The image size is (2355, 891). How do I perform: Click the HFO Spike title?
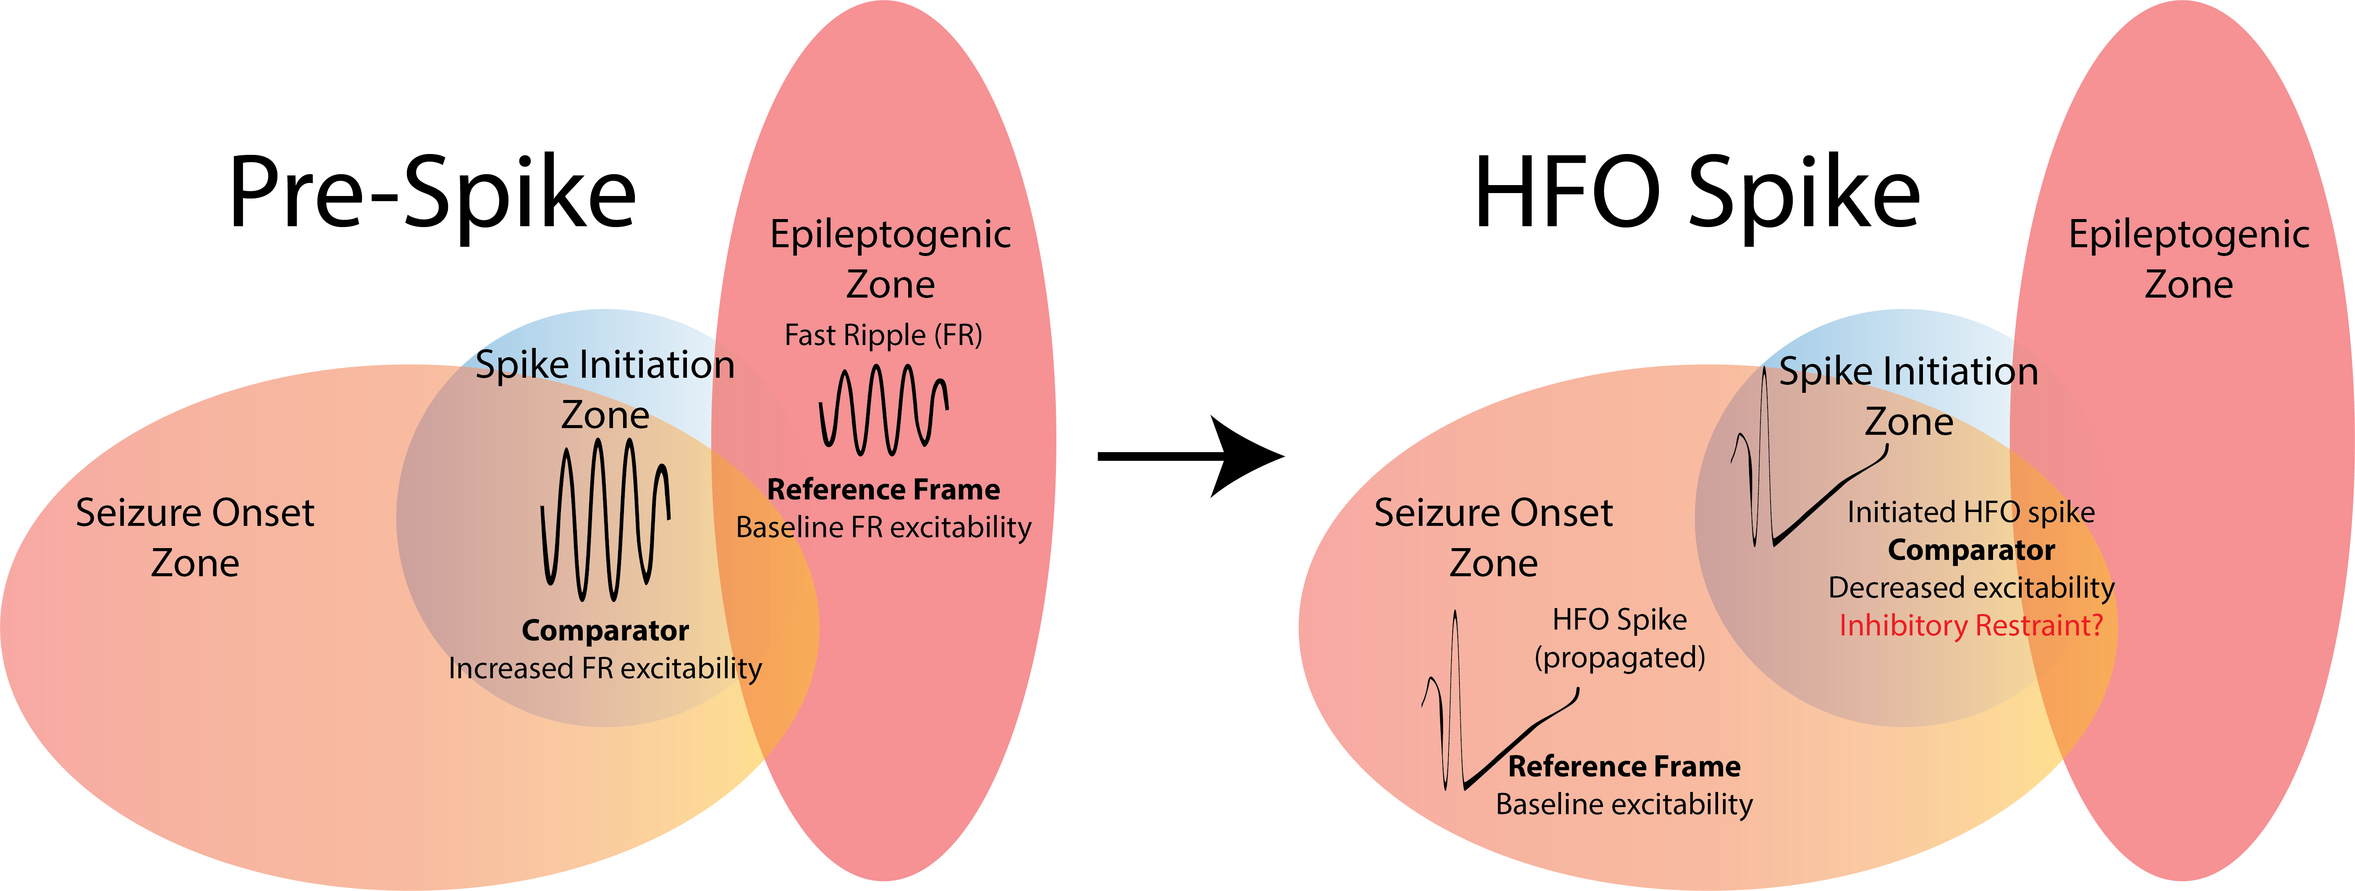tap(1697, 192)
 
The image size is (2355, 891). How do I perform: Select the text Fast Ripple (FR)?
tap(883, 335)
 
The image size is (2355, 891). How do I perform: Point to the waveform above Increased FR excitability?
tap(605, 519)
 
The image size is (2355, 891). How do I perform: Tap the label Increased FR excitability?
tap(605, 668)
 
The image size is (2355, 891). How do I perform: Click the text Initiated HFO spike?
tap(1971, 512)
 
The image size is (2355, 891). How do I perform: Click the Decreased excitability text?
tap(1971, 588)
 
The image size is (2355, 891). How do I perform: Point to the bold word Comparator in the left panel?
tap(605, 630)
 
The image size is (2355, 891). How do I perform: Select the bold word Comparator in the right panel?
tap(1971, 550)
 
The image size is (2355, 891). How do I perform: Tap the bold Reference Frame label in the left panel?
tap(883, 490)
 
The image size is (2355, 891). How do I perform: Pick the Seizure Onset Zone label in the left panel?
tap(195, 537)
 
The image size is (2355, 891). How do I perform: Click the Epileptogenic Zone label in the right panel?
tap(2189, 259)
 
